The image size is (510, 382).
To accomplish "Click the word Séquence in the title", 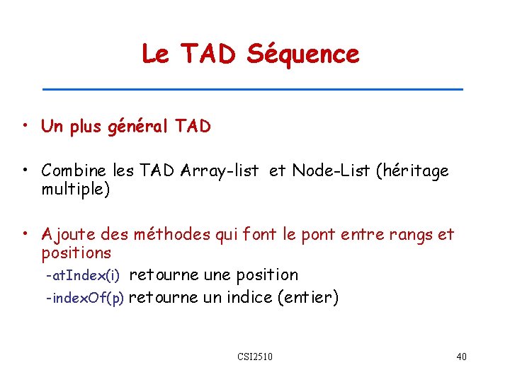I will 302,54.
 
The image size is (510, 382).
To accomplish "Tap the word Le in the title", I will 155,54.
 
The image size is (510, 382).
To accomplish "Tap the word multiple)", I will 76,190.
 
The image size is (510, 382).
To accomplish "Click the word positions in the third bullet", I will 76,253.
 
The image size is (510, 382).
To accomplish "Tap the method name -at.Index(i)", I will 82,274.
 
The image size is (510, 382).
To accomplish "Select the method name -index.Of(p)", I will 84,298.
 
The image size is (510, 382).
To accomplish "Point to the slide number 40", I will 461,356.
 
